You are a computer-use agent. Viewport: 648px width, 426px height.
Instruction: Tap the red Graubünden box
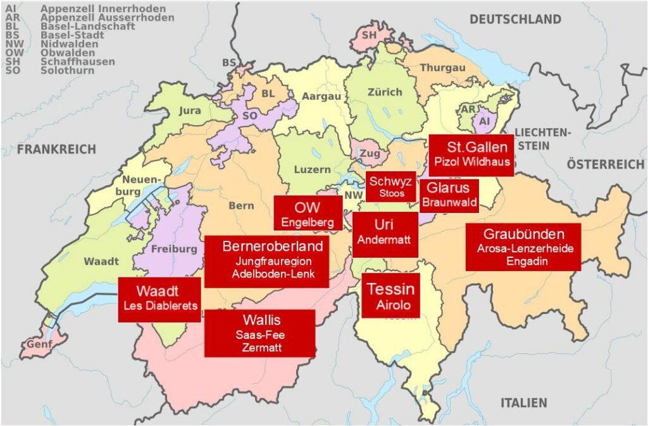click(x=523, y=247)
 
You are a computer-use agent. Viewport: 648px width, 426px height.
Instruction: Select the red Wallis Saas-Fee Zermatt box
click(x=259, y=333)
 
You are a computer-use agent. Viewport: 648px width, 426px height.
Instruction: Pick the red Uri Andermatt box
click(x=385, y=234)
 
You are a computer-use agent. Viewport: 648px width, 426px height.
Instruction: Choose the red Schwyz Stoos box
click(x=391, y=186)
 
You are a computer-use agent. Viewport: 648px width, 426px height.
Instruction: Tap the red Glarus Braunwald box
click(x=449, y=195)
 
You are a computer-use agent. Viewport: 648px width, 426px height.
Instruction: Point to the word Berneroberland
click(x=272, y=246)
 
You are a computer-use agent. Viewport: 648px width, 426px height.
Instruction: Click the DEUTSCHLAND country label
click(x=514, y=20)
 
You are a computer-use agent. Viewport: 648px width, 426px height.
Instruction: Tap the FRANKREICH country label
click(x=56, y=149)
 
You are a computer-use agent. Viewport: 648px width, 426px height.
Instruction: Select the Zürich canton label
click(x=385, y=92)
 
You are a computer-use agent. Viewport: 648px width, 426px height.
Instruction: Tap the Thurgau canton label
click(x=443, y=68)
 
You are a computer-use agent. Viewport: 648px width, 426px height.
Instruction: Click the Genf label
click(x=39, y=344)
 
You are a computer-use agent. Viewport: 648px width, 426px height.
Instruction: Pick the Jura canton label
click(x=190, y=110)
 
